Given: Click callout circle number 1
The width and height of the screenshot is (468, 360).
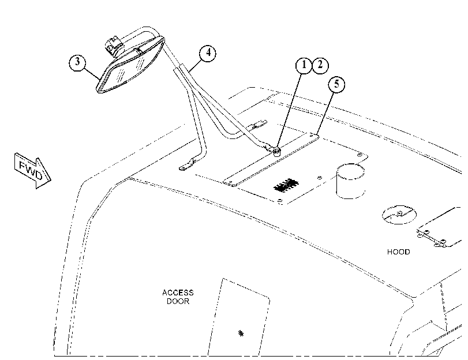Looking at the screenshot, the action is pos(304,65).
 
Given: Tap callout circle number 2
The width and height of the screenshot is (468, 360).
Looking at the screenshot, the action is pos(320,65).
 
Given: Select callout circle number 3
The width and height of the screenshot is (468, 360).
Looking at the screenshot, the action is pos(77,62).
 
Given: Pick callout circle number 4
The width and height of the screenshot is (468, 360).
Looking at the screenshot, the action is pos(208,54).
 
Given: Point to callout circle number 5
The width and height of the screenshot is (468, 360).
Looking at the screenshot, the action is pos(336,84).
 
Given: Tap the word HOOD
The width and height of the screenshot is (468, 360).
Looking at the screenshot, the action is pos(398,252).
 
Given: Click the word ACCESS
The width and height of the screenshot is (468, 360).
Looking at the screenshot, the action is pos(178,292).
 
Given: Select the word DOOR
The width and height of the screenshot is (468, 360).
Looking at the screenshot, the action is pos(178,301).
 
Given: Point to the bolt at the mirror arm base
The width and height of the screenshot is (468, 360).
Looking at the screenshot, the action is pos(276,151).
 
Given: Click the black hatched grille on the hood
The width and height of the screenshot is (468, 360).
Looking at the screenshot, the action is pos(286,186).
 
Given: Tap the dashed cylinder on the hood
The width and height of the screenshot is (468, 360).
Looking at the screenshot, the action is pos(350,181).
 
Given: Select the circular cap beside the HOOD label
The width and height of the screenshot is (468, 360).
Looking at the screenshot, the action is pos(399,215).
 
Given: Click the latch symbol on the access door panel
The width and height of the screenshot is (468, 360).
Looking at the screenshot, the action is pos(241,333).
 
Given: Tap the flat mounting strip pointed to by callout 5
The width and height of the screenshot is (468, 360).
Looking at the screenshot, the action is pos(271,160).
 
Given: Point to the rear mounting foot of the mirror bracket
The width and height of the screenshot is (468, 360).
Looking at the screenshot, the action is pos(259,124).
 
